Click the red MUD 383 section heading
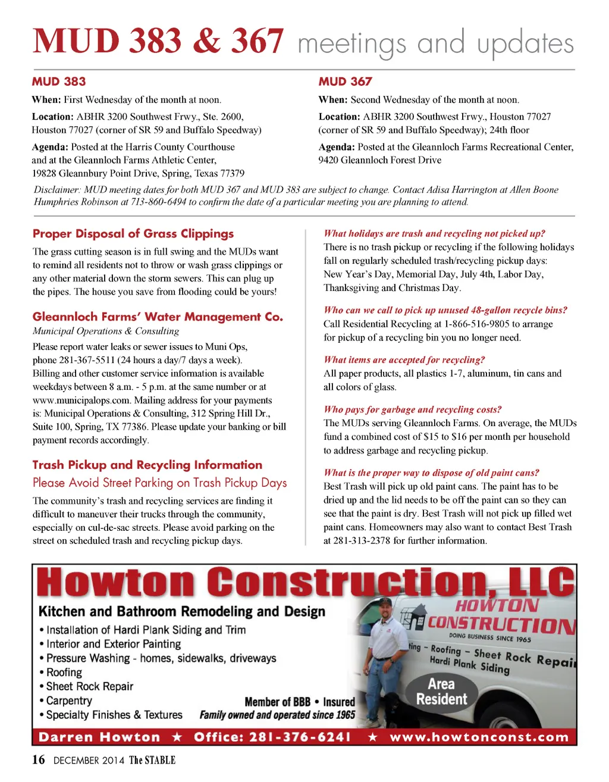[59, 82]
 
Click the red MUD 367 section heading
[345, 82]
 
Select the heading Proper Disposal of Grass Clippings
[133, 234]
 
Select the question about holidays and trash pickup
[434, 233]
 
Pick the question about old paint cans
[431, 473]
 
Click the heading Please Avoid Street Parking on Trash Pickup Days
[159, 483]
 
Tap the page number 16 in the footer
[38, 760]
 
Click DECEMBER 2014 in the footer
[89, 761]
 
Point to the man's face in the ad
[386, 611]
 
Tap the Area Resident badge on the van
[441, 692]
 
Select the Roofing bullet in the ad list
[64, 672]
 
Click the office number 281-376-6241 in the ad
[300, 737]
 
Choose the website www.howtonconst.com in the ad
[479, 737]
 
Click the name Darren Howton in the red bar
[99, 737]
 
